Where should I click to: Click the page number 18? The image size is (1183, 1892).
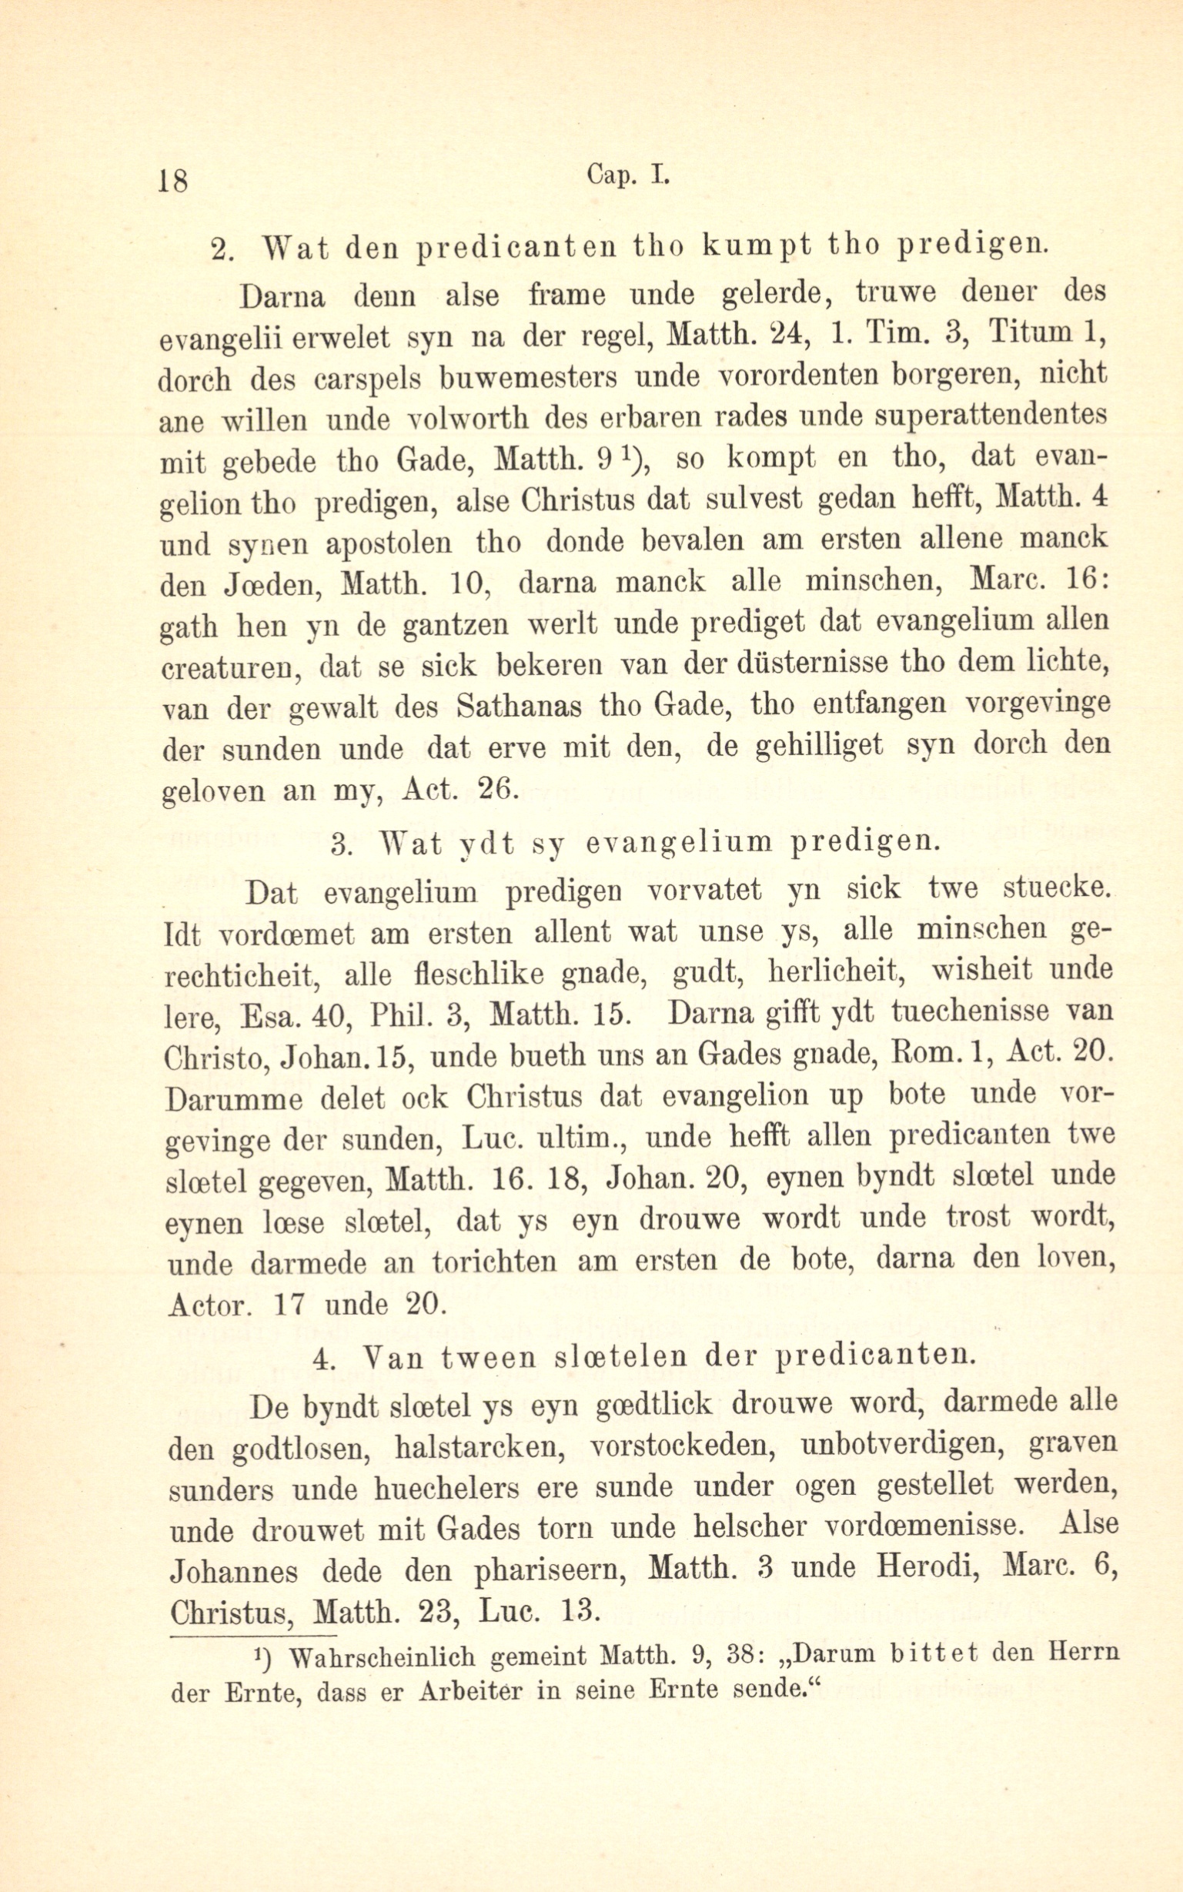coord(173,181)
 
